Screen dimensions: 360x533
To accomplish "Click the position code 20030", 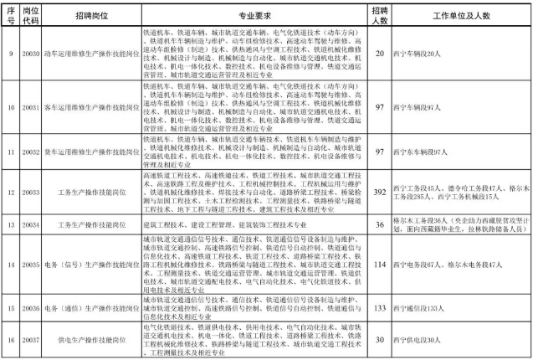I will click(28, 54).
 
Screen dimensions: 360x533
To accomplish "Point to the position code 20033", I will click(28, 192).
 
